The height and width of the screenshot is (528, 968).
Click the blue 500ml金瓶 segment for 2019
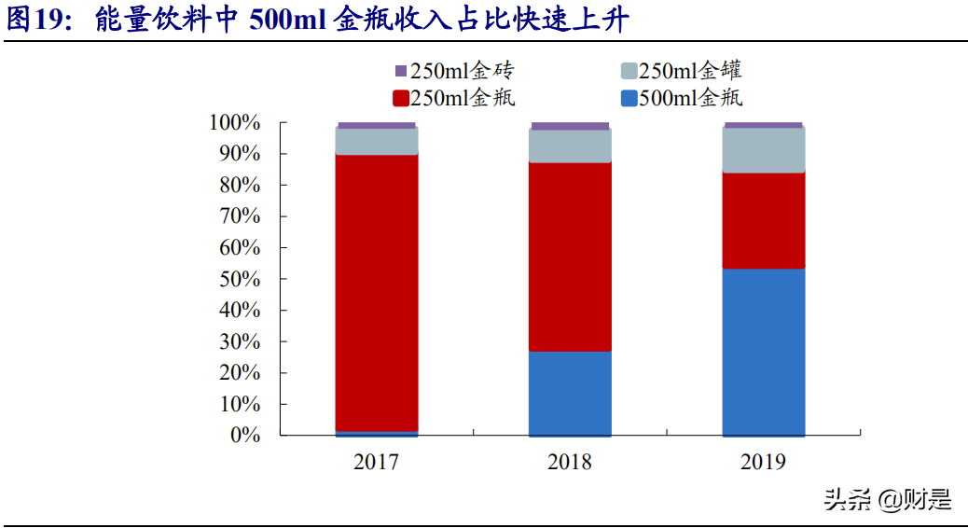tap(763, 352)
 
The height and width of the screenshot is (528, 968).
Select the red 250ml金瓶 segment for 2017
tap(377, 292)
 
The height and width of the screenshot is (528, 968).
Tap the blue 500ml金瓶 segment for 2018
tap(570, 393)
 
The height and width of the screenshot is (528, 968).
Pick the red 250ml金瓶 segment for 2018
tap(570, 257)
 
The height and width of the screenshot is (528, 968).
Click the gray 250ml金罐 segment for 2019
tap(763, 150)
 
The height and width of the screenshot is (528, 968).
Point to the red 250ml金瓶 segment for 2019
tap(763, 220)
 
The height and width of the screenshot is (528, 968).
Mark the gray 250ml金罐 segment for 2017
tap(377, 141)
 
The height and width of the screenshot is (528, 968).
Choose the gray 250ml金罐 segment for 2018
tap(570, 146)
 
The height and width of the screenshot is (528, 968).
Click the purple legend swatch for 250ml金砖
tap(401, 71)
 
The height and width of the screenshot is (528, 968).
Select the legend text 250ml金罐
tap(691, 71)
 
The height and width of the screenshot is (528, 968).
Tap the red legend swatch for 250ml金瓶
tap(401, 98)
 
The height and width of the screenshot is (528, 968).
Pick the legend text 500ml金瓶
tap(691, 98)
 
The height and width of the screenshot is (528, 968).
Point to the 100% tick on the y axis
tap(235, 122)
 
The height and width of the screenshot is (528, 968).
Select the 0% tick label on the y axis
tap(244, 436)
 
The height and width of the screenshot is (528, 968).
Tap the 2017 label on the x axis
tap(377, 462)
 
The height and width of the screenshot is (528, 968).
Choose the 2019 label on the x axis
tap(763, 462)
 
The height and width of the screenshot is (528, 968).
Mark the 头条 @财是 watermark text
tap(887, 500)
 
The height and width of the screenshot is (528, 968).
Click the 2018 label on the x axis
tap(570, 462)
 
